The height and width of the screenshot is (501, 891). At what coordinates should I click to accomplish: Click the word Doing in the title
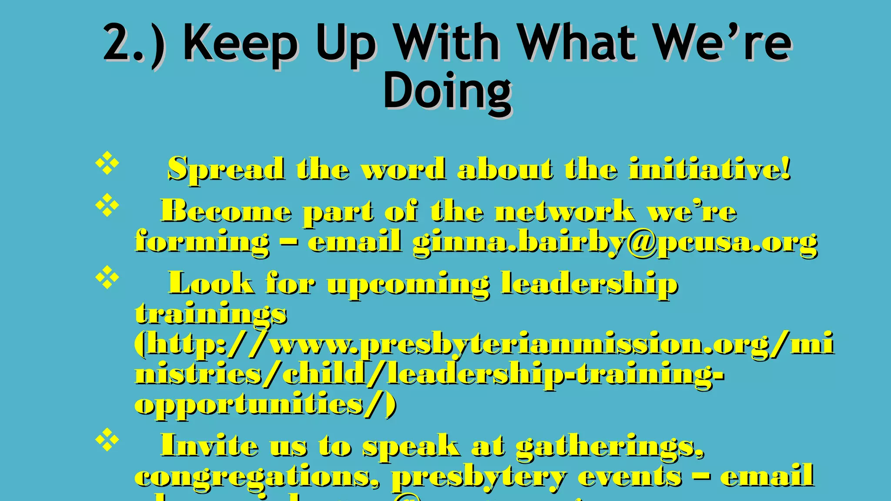pos(447,91)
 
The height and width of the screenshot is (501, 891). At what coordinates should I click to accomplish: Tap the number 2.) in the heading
pos(134,43)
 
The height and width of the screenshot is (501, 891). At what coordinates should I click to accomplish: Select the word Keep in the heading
pos(241,43)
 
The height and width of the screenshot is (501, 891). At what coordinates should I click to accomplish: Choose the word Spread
pos(226,169)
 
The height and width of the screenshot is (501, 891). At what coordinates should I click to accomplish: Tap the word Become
pos(226,211)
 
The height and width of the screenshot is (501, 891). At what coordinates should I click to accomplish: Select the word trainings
pos(211,314)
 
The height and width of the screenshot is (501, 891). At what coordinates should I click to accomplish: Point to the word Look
pos(211,283)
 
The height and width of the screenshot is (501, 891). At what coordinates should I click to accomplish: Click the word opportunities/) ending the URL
pos(265,404)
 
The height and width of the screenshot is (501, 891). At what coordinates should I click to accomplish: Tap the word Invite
pos(209,445)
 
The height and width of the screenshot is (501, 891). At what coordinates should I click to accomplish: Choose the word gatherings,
pos(610,446)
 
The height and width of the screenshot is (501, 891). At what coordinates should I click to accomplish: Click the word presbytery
pos(479,477)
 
